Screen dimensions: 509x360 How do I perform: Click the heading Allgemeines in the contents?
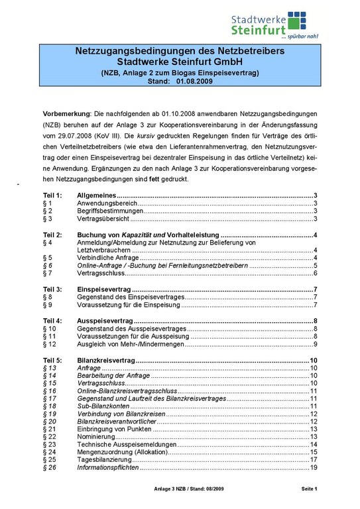point(97,195)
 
